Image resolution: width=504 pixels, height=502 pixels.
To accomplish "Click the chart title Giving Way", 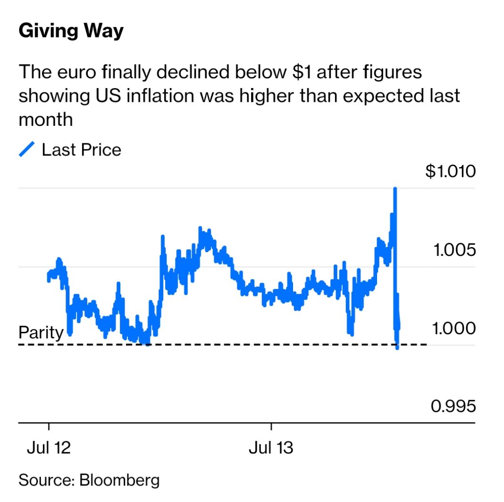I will [71, 31].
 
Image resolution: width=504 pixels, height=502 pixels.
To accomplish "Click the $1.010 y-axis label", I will [450, 172].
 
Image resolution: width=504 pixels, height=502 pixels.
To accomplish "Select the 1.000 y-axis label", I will [454, 328].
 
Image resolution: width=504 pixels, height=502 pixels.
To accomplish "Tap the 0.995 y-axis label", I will [454, 406].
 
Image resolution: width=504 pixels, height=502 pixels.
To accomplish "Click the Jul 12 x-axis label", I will [49, 447].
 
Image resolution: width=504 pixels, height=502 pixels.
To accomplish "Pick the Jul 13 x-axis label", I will [271, 447].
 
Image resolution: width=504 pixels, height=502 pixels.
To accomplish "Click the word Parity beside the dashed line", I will [41, 333].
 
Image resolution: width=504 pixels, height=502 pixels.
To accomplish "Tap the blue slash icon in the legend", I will [26, 150].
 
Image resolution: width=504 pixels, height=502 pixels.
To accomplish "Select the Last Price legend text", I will [81, 150].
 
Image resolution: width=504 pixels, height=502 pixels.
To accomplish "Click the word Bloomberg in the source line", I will [119, 480].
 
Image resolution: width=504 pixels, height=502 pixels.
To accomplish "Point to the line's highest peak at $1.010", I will [395, 189].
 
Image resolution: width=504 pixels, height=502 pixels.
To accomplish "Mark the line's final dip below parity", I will [397, 348].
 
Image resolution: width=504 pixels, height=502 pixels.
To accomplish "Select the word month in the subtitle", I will [46, 119].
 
